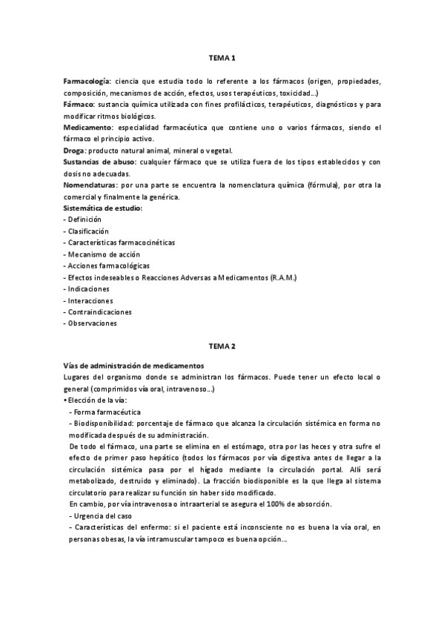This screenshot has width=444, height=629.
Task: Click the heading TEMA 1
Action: (222, 57)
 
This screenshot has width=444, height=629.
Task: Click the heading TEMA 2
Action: (222, 346)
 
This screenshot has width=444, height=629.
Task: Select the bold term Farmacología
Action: (87, 81)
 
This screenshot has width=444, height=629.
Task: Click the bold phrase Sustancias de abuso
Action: (99, 162)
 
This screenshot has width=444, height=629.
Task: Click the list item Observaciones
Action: (90, 323)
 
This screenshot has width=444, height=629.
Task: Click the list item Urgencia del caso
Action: (102, 516)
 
